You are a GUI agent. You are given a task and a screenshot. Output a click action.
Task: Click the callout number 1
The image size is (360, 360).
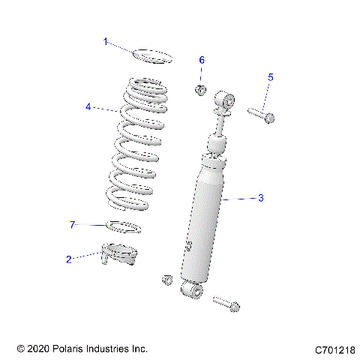106,42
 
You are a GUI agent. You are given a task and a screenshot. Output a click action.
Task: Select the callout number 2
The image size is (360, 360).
69,259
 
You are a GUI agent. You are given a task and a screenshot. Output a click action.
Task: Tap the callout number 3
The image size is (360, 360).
260,198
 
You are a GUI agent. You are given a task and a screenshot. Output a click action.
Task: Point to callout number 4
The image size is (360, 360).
88,107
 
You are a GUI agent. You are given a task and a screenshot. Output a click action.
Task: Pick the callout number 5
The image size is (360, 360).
271,76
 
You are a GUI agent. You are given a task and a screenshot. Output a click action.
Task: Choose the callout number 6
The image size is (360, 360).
201,60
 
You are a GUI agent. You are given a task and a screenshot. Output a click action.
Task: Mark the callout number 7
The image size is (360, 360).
73,225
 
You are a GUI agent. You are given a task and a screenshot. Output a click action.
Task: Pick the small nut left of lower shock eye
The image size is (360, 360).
167,280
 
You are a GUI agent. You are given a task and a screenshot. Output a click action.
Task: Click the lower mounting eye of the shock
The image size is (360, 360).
192,289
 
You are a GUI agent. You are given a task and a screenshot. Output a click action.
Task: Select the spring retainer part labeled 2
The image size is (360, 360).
120,256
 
